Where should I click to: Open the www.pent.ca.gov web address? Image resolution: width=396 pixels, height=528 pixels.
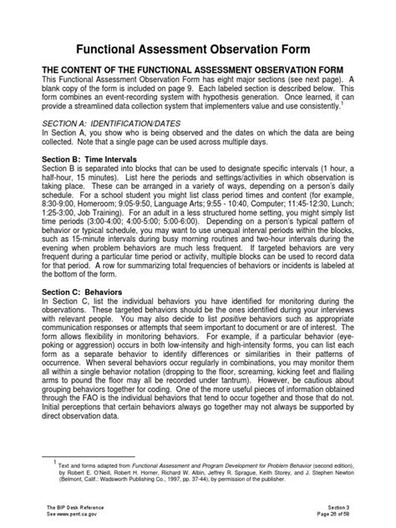68,514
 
